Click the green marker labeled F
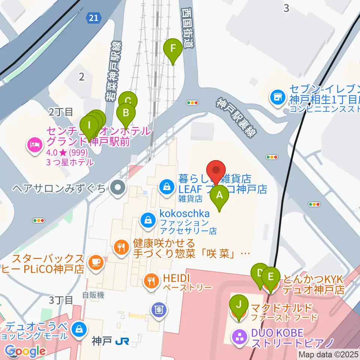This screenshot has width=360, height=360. (x=173, y=49)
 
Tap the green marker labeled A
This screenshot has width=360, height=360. (x=220, y=195)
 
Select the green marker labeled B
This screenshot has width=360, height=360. (x=126, y=112)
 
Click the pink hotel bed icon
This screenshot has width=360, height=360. (x=34, y=144)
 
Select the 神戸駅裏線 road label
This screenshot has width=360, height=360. (x=234, y=117)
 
